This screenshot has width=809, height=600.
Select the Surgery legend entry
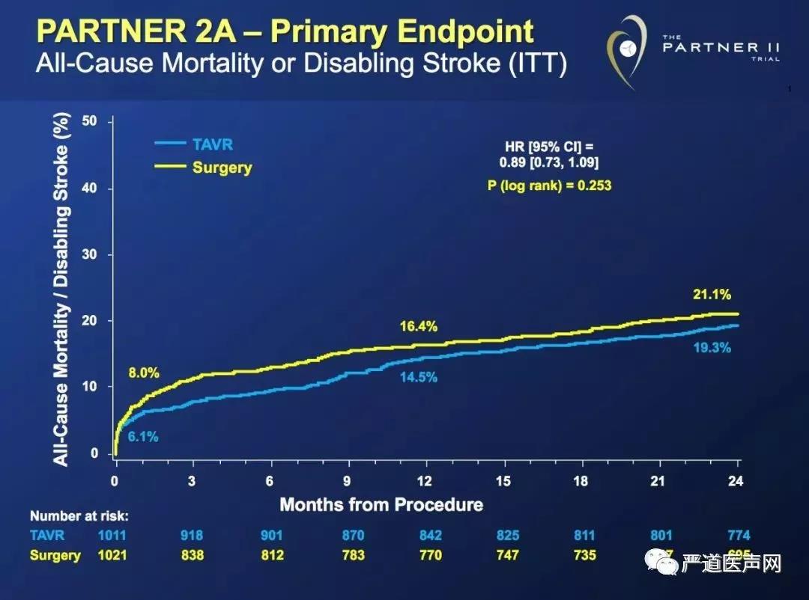tap(222, 168)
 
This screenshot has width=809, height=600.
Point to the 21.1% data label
tap(712, 295)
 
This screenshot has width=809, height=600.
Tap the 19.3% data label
tap(712, 347)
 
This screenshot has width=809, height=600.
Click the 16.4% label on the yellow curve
tap(418, 326)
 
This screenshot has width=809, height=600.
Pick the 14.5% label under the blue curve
tap(418, 377)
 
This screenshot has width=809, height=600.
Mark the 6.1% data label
tap(142, 437)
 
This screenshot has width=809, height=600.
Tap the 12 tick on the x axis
tap(425, 481)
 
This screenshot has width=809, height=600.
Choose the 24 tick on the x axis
tap(736, 481)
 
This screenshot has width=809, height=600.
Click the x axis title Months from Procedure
tap(381, 504)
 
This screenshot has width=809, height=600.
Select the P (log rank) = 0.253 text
tap(549, 185)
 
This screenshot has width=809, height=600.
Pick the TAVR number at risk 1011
tap(113, 536)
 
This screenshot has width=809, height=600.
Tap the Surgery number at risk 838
tap(192, 555)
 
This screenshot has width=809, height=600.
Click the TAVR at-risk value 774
tap(738, 536)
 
